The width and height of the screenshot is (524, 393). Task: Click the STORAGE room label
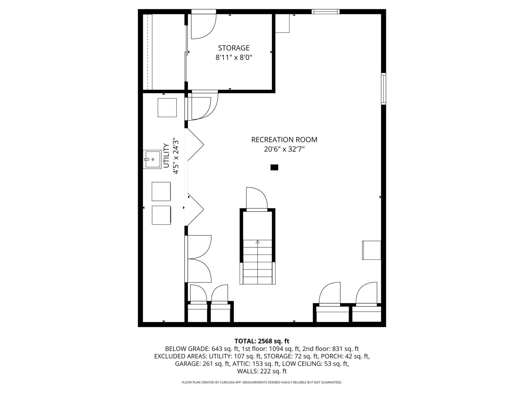234,48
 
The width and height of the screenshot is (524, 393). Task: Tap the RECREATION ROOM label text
284,140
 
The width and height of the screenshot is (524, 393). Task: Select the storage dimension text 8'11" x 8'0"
234,58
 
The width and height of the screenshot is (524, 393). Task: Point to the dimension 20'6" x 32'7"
284,149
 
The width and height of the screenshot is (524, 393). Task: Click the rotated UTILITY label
166,156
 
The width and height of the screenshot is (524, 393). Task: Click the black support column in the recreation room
274,167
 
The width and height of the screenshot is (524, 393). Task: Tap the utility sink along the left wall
152,159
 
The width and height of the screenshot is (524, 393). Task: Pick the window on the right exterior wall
384,89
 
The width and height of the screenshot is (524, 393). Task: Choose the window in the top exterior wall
326,11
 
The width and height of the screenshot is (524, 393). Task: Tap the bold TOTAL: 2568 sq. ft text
262,341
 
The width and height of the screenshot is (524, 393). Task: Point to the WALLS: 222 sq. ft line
262,371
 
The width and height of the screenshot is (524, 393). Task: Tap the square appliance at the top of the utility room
167,108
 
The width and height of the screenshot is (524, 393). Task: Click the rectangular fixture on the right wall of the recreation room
371,250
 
